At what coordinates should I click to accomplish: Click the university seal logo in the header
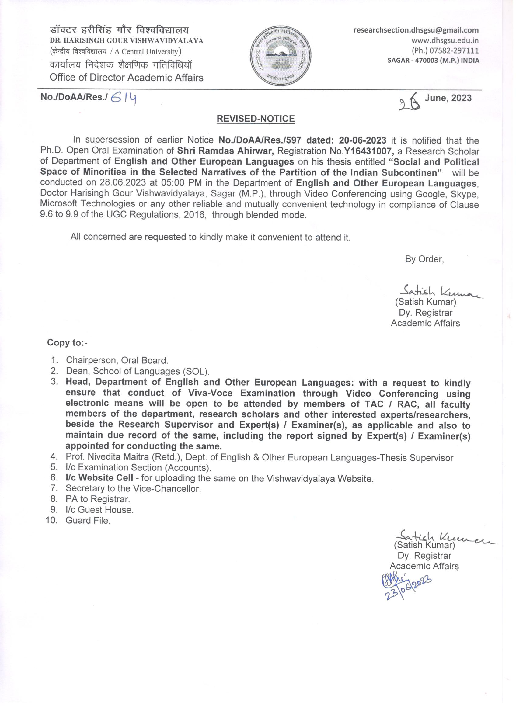point(281,57)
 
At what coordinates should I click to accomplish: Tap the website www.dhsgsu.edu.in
point(445,40)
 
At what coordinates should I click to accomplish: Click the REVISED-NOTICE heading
point(256,119)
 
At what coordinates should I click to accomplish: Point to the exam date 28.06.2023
point(123,183)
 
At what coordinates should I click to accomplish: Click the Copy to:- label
point(67,342)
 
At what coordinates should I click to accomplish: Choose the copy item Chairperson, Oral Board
point(117,360)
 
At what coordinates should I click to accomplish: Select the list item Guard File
point(88,520)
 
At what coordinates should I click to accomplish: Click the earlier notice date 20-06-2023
point(362,140)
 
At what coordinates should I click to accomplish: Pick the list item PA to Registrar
point(98,499)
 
